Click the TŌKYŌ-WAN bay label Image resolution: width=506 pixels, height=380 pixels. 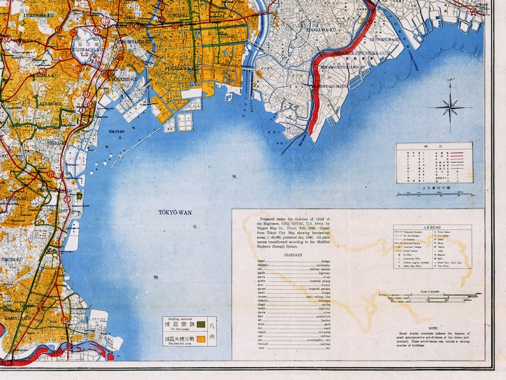175,212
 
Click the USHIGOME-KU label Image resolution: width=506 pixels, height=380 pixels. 20,13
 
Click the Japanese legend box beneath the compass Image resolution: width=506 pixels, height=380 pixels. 434,162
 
